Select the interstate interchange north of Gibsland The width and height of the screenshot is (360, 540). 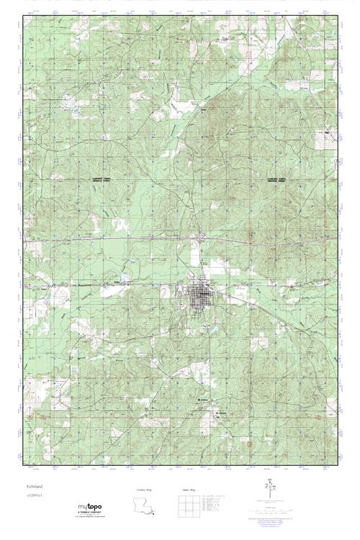(x=204, y=235)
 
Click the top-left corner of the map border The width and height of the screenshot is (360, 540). (x=24, y=17)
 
